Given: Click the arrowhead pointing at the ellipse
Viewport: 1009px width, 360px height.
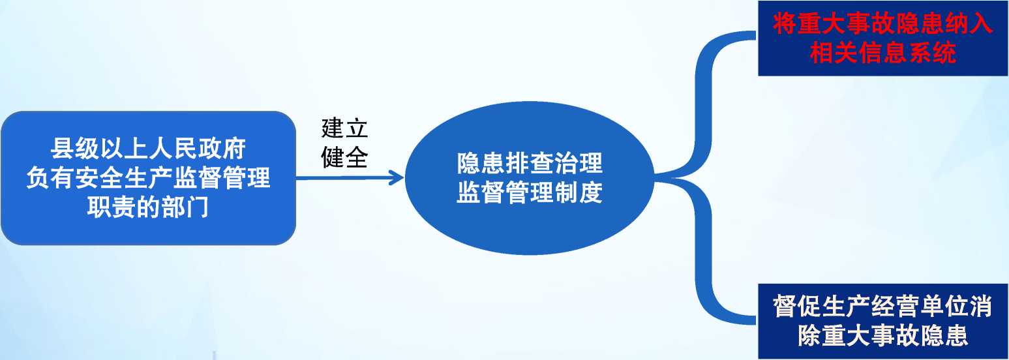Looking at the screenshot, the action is (397, 178).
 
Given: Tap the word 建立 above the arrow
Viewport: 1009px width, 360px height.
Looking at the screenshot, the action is (344, 128).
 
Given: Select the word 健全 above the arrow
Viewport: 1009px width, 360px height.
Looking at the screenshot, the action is (344, 157).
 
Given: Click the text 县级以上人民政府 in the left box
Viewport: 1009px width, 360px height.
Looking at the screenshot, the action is (148, 148).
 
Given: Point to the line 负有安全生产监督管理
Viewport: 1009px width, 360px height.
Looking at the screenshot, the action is (148, 177).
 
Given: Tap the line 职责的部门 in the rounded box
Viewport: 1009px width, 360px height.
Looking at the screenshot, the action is (148, 207).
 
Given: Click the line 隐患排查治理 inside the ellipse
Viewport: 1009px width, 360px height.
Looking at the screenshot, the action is (530, 163).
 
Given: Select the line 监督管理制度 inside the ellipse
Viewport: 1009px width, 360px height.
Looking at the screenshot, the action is (530, 192).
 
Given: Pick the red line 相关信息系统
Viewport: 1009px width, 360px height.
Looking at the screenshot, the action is (883, 53).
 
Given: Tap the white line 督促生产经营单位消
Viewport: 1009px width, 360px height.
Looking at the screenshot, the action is (883, 306).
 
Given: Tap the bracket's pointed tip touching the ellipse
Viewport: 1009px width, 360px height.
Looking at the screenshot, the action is (656, 177).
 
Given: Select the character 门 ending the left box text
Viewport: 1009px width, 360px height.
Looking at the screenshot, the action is (197, 207).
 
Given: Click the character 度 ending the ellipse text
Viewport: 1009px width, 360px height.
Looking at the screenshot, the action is (591, 192).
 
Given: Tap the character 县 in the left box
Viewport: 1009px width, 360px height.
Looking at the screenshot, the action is (62, 148).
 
